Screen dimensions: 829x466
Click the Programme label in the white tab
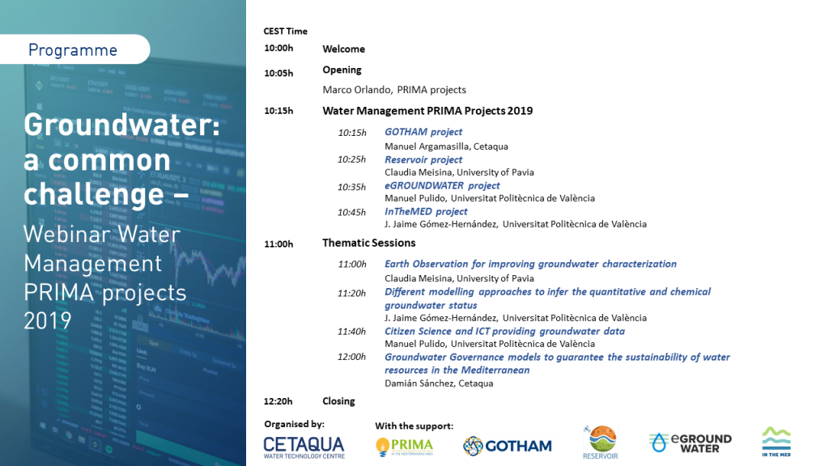point(72,49)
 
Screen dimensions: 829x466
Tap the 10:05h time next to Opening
point(278,73)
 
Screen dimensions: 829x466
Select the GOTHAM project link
point(423,132)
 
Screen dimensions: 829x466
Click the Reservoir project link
point(423,159)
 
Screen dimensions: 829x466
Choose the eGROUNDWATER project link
point(442,185)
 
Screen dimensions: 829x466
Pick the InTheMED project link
point(426,211)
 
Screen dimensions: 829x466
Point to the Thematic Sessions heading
point(369,243)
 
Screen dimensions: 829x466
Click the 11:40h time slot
point(351,331)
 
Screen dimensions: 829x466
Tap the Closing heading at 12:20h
point(338,401)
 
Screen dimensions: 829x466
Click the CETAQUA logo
point(304,447)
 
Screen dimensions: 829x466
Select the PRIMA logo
point(405,447)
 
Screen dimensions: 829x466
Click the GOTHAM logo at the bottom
point(508,447)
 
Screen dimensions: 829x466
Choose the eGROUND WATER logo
point(691,443)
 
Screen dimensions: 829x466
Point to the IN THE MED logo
point(776,442)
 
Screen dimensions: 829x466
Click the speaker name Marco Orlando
point(356,90)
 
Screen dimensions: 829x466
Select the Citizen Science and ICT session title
point(504,331)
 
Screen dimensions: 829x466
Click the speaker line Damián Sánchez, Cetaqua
point(439,383)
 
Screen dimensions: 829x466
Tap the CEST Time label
point(286,32)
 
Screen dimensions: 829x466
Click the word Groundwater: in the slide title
point(121,125)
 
